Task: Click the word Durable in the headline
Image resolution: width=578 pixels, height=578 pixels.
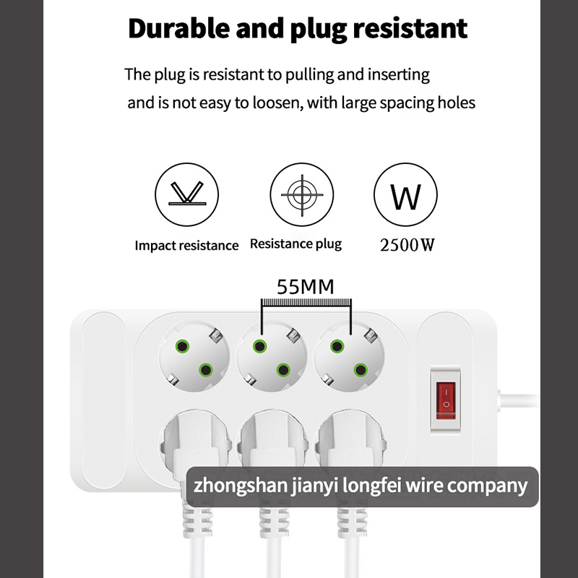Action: [x=179, y=28]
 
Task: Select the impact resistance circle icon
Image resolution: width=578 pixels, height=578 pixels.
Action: [x=186, y=194]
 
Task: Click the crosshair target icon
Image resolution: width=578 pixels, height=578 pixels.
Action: [x=302, y=194]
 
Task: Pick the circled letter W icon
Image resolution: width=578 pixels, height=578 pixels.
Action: [x=405, y=194]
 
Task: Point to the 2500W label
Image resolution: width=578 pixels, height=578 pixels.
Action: [x=407, y=245]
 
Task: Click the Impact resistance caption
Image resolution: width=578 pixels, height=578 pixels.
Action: [x=186, y=246]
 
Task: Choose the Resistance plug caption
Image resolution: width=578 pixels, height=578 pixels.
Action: [x=296, y=244]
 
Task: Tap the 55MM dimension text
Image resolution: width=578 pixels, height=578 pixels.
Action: [x=306, y=287]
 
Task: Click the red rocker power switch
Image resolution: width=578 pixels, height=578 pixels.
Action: [x=446, y=400]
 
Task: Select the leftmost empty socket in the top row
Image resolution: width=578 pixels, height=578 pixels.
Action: [x=194, y=356]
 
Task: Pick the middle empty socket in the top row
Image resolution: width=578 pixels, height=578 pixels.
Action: [x=272, y=356]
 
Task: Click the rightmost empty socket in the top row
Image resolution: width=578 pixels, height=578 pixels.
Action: [x=349, y=356]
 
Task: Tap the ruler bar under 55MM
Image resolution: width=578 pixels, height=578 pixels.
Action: [x=306, y=302]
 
